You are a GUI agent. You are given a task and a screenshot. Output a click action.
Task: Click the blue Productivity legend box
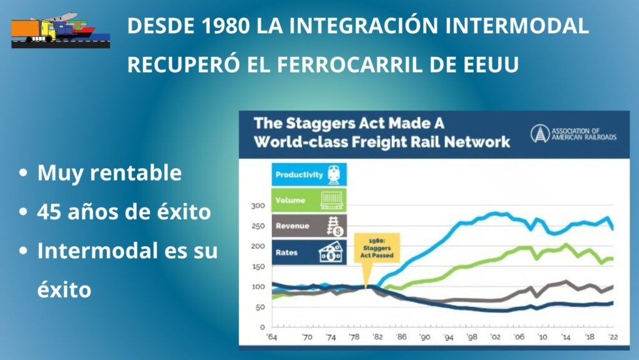tap(309, 175)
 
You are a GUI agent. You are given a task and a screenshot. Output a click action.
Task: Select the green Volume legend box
tap(309, 200)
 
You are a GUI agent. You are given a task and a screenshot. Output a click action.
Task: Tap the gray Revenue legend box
tap(309, 226)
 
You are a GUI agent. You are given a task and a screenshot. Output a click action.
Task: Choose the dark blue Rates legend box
tap(309, 252)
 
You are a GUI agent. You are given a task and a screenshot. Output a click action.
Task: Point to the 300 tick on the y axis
tap(258, 205)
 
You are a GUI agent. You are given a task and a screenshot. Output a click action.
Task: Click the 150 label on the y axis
tap(258, 266)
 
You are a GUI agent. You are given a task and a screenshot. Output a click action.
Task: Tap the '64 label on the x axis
tap(272, 337)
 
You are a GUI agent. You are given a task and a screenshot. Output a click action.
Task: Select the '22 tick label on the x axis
tap(613, 337)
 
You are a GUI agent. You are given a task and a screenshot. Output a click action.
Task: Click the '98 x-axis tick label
tap(472, 337)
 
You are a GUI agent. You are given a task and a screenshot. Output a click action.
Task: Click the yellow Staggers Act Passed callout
tap(376, 248)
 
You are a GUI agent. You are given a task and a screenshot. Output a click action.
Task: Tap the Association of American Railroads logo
tap(573, 134)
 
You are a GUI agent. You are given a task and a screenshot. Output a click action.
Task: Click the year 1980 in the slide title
tap(225, 26)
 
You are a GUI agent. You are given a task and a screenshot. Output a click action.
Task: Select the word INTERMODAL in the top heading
tap(517, 26)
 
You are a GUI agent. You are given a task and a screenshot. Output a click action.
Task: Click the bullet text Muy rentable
tap(109, 172)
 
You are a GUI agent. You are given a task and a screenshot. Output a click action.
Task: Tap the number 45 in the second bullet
tap(49, 212)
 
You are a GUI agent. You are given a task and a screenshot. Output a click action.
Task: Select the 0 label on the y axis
tap(262, 327)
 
